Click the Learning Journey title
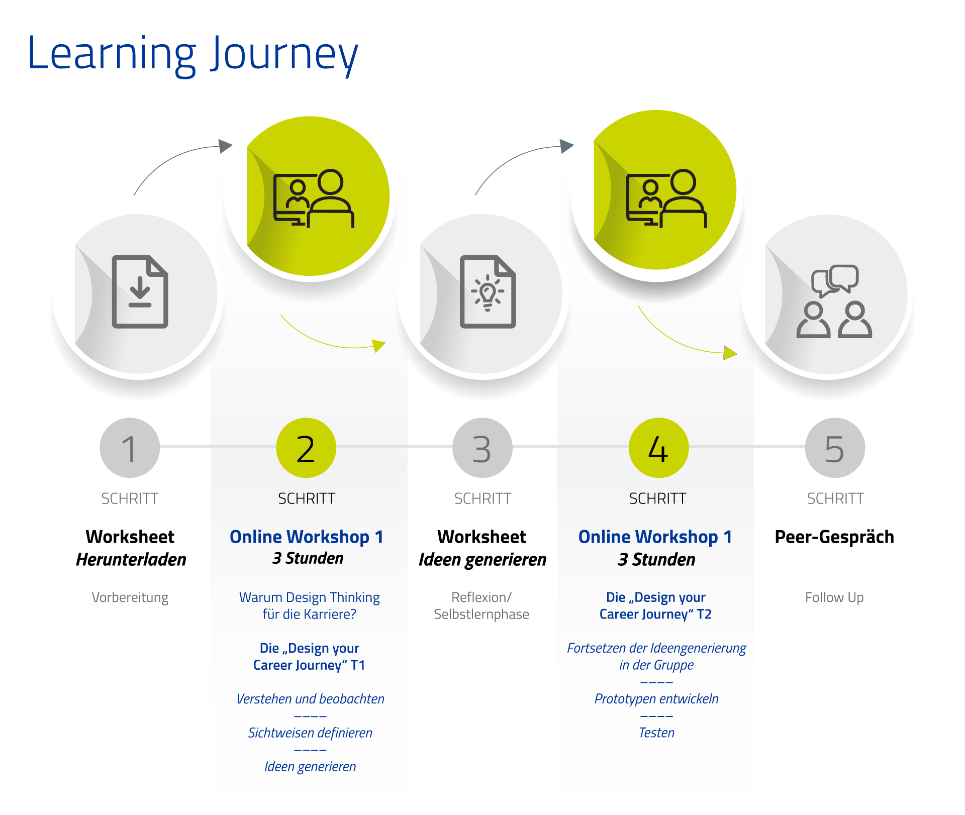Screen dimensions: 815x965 [193, 54]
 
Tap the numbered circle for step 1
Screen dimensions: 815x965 [130, 448]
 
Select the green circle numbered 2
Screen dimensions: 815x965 [306, 448]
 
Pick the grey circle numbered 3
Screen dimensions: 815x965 [482, 448]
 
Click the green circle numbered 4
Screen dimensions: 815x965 [658, 448]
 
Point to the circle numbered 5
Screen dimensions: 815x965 [835, 448]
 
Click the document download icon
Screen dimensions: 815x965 [140, 292]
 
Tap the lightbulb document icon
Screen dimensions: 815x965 [488, 292]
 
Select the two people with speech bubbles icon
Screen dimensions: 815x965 [834, 301]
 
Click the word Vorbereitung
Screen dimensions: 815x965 [130, 597]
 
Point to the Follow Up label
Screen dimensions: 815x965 [834, 597]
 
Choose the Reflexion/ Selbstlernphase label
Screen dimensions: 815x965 [481, 605]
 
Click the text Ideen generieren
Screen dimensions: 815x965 [310, 767]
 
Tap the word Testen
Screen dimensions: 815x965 [656, 733]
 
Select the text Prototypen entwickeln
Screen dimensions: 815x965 [656, 699]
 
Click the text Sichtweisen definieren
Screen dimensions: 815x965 [310, 733]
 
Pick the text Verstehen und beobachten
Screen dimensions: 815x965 [310, 699]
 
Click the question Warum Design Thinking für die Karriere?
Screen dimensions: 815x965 [310, 605]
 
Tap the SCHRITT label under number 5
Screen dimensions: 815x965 [835, 498]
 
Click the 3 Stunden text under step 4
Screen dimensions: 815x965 [656, 559]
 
